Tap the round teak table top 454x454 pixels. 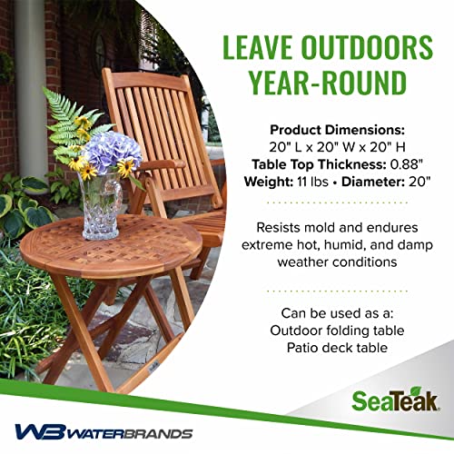pyautogui.click(x=109, y=244)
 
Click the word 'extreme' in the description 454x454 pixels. pyautogui.click(x=267, y=245)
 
